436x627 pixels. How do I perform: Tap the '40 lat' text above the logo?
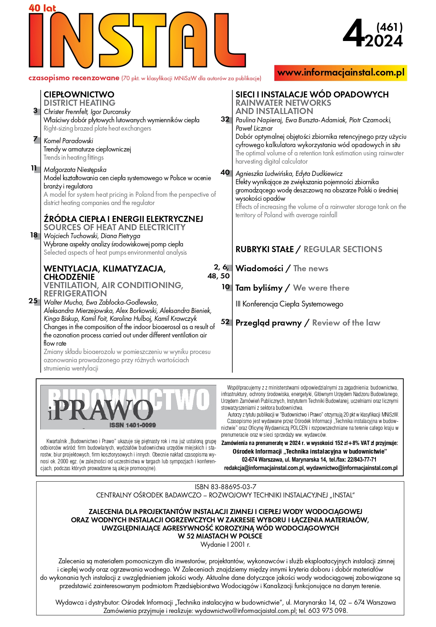coord(42,8)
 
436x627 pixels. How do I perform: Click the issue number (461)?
coord(389,27)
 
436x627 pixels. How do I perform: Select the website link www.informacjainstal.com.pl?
coord(341,73)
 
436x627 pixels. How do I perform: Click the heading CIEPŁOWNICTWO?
coord(79,95)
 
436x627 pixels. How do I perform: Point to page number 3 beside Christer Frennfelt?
coord(35,111)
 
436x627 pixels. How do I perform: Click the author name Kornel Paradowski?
coord(68,141)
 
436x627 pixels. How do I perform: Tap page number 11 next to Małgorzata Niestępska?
coord(34,168)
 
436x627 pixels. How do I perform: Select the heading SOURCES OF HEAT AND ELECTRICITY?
coord(114,227)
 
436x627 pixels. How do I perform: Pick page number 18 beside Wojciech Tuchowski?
coord(34,235)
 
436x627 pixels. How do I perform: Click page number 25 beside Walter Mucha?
coord(33,301)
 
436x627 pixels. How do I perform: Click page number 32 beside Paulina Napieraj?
coord(225,119)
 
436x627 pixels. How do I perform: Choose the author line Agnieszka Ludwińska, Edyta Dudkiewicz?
coord(289,173)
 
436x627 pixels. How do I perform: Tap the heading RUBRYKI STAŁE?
coord(264,249)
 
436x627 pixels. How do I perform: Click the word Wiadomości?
coord(259,268)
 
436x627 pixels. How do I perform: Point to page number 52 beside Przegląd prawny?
coord(225,322)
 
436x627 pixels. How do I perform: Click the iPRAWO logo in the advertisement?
coord(101,410)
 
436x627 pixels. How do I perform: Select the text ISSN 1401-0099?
coord(132,425)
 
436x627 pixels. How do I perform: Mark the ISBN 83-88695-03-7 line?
coord(225,487)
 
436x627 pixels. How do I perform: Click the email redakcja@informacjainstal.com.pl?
coord(264,468)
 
